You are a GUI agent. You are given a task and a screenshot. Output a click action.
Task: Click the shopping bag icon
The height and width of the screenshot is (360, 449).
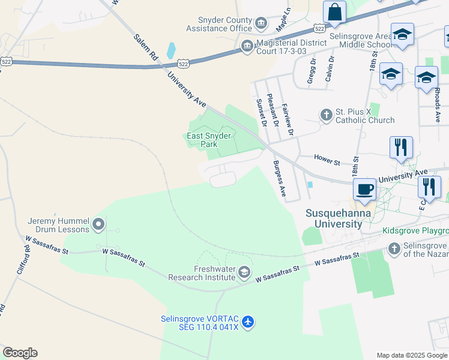pos(334,12)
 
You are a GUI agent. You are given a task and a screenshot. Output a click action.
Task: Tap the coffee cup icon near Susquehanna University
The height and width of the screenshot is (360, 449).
pos(364,190)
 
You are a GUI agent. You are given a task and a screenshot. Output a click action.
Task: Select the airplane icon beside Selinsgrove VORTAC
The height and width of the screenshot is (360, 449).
pos(249,322)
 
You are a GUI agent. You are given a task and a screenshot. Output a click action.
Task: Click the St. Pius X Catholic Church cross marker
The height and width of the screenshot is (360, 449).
pos(326,115)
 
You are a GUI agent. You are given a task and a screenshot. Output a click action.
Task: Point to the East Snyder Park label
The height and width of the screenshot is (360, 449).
pos(208,140)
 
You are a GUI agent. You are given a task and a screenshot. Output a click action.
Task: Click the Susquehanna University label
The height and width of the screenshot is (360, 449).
pos(334,218)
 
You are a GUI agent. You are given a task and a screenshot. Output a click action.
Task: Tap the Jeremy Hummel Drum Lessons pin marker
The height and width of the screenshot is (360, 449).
pos(99,225)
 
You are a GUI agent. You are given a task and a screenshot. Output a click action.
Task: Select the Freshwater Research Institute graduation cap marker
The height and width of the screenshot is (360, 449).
pos(244,273)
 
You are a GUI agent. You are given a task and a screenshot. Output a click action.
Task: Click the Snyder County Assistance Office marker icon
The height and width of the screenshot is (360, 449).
pos(261,24)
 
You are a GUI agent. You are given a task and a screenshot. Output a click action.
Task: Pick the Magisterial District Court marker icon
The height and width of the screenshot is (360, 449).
pos(247,46)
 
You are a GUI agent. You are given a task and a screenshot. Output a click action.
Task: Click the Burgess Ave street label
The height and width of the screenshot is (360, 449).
pos(279,178)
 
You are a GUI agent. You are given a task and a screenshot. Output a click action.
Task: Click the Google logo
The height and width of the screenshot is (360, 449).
pos(20,353)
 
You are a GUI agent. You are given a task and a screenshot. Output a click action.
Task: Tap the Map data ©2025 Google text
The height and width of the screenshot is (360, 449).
pos(411,355)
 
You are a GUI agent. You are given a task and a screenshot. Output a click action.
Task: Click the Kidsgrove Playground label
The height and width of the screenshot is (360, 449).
pos(416,231)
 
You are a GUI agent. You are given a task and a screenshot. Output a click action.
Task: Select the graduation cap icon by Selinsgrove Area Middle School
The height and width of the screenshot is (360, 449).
pos(402,35)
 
